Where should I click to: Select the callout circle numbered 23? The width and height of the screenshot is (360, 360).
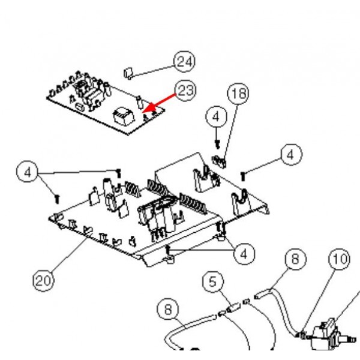tap(185, 91)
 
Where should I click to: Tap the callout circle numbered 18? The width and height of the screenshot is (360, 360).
tap(238, 94)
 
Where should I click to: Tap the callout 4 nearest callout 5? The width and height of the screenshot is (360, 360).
tap(244, 254)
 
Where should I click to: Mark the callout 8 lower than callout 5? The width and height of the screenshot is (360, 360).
tap(168, 310)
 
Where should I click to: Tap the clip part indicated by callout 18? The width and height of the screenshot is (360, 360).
tap(220, 160)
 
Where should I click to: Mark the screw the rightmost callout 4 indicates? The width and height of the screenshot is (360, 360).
tap(243, 175)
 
